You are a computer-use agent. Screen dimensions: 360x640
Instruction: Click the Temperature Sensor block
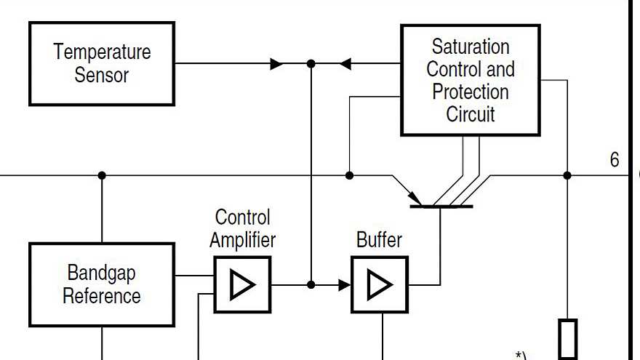coord(102,64)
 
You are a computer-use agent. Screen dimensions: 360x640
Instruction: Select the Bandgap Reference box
coord(102,284)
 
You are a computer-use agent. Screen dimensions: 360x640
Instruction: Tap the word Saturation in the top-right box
coord(471,47)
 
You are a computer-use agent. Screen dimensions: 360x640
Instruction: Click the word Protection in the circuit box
coord(471,92)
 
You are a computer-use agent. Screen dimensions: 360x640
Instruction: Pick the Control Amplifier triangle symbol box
coord(242,285)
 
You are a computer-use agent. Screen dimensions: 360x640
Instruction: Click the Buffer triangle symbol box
coord(379,285)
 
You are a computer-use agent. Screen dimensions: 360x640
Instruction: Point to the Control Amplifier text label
coord(243,228)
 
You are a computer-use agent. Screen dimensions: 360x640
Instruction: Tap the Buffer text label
coord(379,239)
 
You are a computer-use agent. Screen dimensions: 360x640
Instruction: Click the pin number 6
coord(615,160)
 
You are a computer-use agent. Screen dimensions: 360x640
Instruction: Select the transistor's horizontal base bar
coord(441,207)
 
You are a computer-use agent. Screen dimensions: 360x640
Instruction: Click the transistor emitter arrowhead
coord(415,197)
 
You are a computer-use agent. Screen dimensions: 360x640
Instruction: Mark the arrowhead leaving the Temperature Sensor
coord(276,64)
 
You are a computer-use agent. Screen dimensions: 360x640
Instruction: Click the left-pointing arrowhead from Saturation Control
coord(345,64)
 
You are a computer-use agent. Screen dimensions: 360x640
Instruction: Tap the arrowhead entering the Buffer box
coord(344,285)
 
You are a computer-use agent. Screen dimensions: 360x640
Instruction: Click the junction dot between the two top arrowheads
coord(311,64)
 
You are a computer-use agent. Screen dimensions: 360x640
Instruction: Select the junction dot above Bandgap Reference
coord(102,175)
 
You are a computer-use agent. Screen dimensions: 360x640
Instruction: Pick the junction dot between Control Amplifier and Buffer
coord(311,285)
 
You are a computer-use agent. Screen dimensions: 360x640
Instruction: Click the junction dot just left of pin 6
coord(567,175)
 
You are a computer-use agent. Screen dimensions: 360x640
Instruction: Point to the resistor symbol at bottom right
coord(568,339)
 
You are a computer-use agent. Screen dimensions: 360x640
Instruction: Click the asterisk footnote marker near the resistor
coord(520,356)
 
